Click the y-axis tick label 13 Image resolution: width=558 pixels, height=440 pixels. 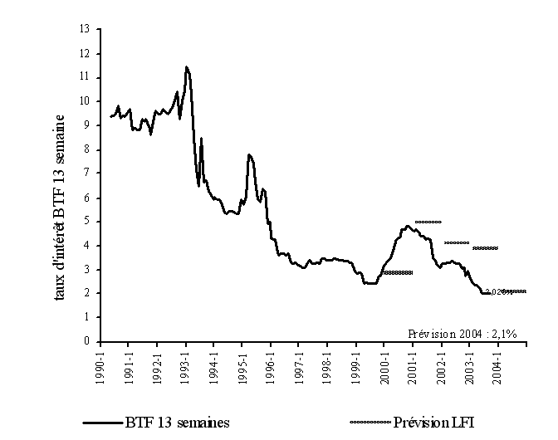(x=84, y=29)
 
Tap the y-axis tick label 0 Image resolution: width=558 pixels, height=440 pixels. (x=86, y=341)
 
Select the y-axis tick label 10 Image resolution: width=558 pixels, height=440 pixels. (x=84, y=101)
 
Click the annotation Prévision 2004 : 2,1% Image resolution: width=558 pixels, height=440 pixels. (x=463, y=333)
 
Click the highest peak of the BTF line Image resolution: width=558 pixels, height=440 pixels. (x=187, y=67)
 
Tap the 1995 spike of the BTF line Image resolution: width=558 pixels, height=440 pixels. (x=248, y=155)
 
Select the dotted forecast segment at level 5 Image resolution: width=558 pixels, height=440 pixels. (x=428, y=222)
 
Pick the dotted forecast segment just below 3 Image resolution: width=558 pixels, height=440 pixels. (x=398, y=272)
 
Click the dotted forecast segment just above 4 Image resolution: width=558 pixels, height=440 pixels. (x=457, y=242)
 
